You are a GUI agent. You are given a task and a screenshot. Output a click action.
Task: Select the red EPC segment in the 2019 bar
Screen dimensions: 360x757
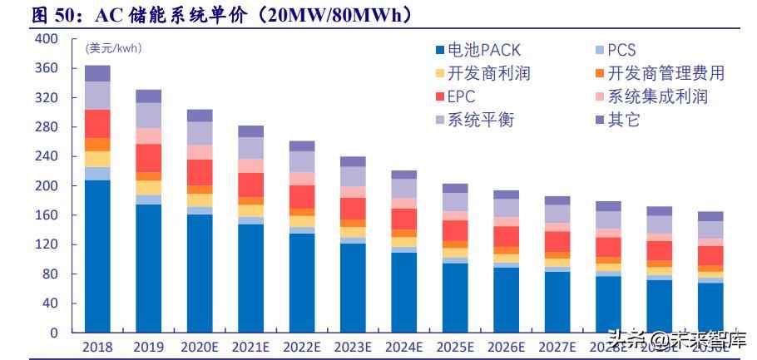pos(148,158)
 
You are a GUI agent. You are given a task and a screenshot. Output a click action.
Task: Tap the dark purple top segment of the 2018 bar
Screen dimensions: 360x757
pos(97,73)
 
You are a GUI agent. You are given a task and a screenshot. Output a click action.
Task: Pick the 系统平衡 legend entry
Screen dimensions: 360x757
pos(480,120)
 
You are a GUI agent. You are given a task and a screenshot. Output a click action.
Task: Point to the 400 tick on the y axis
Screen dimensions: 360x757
pos(47,39)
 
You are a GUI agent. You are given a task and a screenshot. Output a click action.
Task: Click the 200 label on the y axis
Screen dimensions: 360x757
pos(47,186)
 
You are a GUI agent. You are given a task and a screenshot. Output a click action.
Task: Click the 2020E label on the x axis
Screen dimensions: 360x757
pos(200,347)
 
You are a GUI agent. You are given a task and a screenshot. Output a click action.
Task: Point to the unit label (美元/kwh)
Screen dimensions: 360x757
pos(113,48)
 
